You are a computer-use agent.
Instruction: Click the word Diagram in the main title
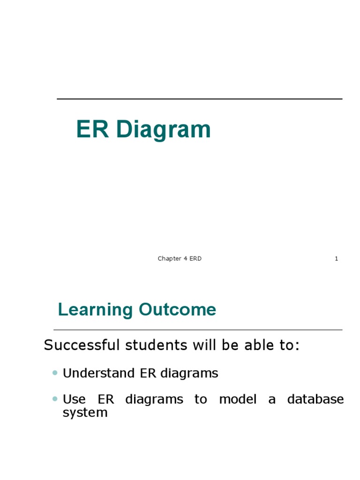(x=164, y=130)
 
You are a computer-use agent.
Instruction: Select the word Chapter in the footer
(x=169, y=259)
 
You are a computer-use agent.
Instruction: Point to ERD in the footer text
(x=195, y=259)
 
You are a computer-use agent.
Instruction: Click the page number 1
(x=336, y=259)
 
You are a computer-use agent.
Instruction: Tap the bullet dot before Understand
(x=55, y=373)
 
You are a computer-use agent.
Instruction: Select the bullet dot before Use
(x=55, y=399)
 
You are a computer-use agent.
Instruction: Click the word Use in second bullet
(x=74, y=399)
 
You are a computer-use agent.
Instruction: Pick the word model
(x=238, y=399)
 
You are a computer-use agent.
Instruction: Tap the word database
(x=315, y=399)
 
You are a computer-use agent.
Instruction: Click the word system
(x=85, y=413)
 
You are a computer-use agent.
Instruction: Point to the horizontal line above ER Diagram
(x=199, y=99)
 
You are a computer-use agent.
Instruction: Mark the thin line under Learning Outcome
(x=198, y=330)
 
